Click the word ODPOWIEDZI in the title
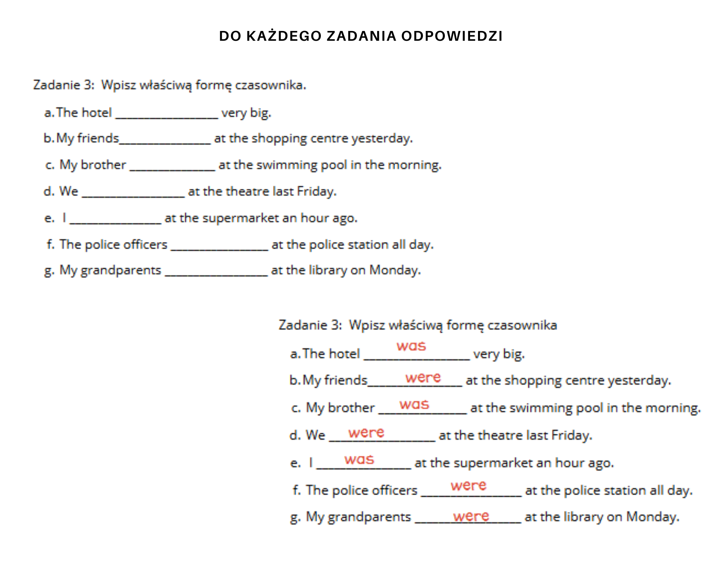pos(452,36)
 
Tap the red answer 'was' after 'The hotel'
pos(411,346)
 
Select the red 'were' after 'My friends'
pos(423,378)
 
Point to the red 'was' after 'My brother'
pos(414,404)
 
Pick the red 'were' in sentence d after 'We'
pos(366,432)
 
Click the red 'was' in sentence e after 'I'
pos(359,459)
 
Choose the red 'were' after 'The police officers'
pos(468,485)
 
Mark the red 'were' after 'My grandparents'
pos(471,516)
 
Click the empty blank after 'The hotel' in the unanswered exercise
pos(167,115)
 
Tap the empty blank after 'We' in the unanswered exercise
pos(133,193)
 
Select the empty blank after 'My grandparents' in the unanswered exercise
pos(216,272)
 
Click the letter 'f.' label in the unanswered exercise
pos(50,245)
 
